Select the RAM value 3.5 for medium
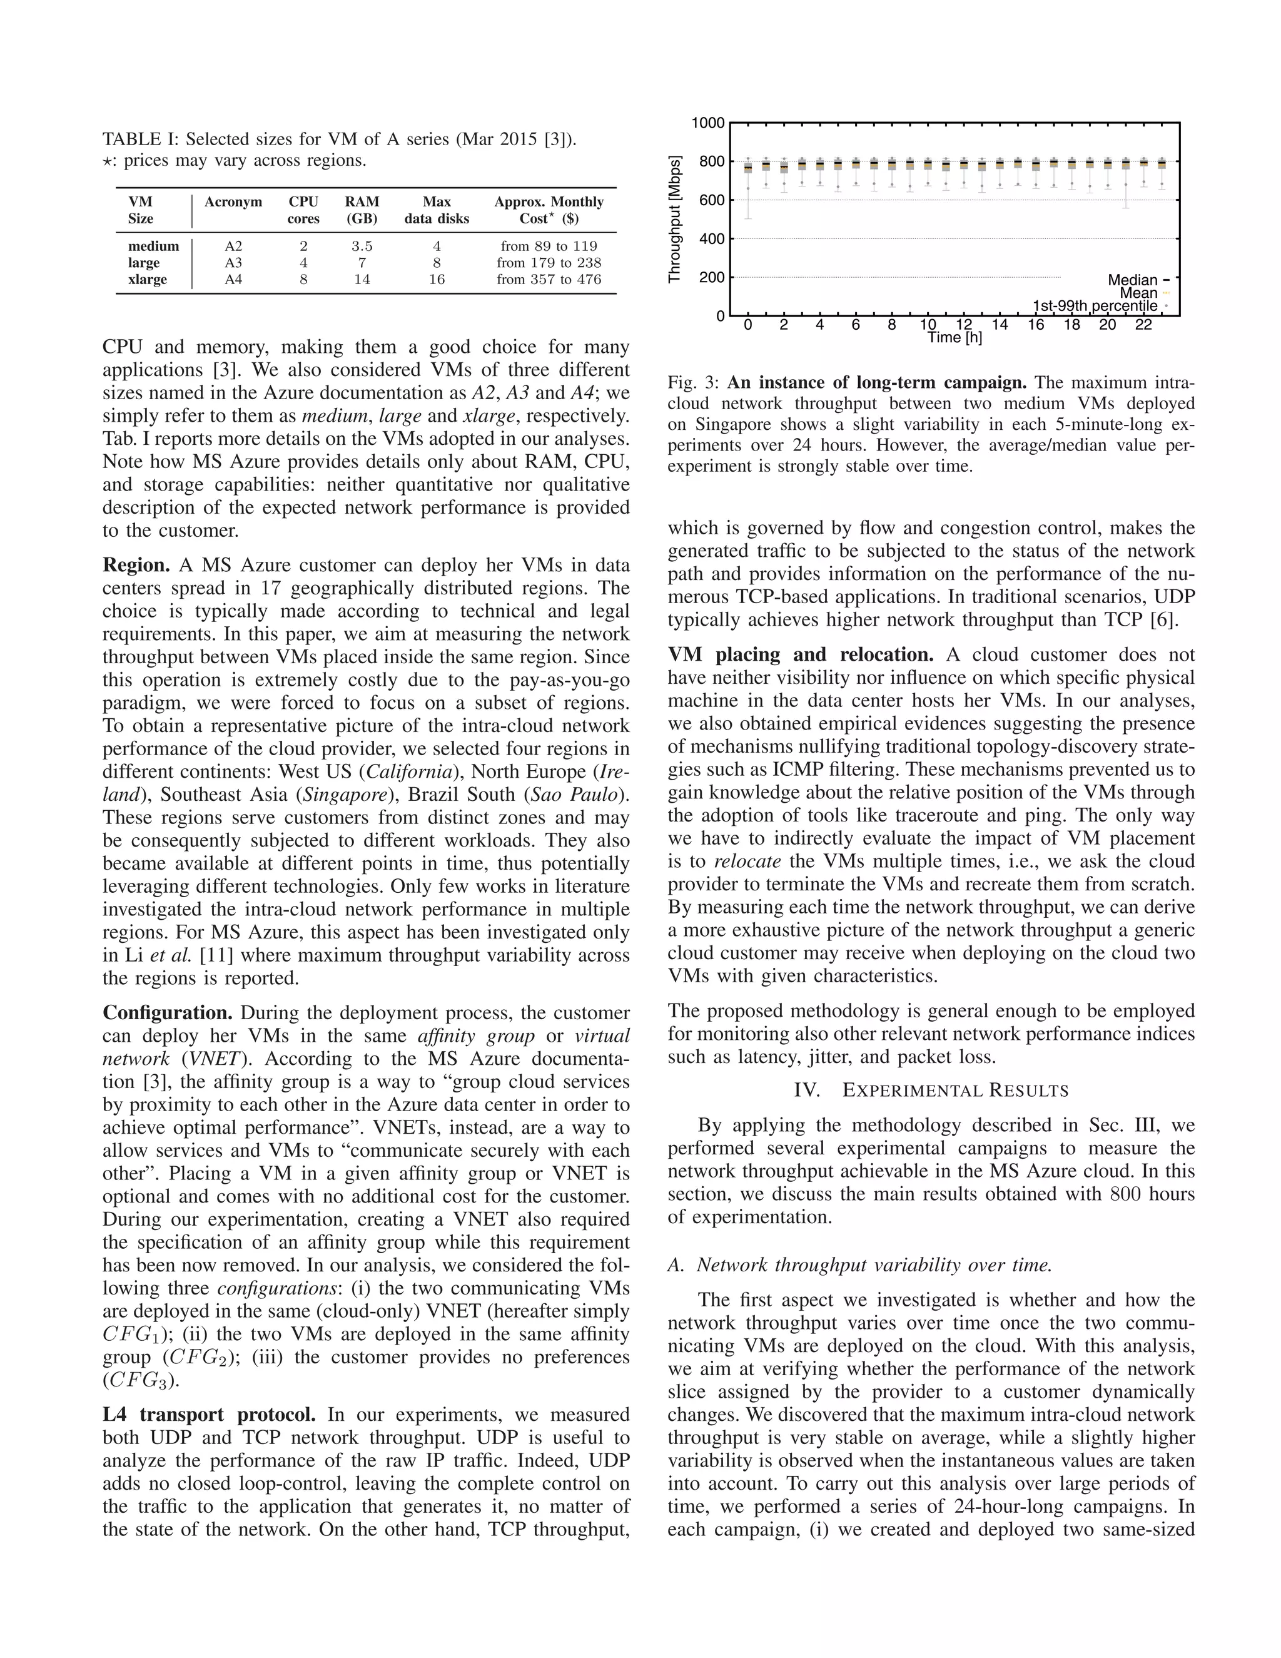tap(362, 246)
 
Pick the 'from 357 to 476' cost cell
tap(549, 280)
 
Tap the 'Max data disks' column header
tap(437, 210)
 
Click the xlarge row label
tap(147, 280)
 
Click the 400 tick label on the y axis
tap(711, 239)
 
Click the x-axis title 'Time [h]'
tap(954, 338)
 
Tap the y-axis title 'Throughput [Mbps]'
tap(675, 220)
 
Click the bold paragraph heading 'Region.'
tap(136, 566)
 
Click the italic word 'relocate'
tap(747, 862)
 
